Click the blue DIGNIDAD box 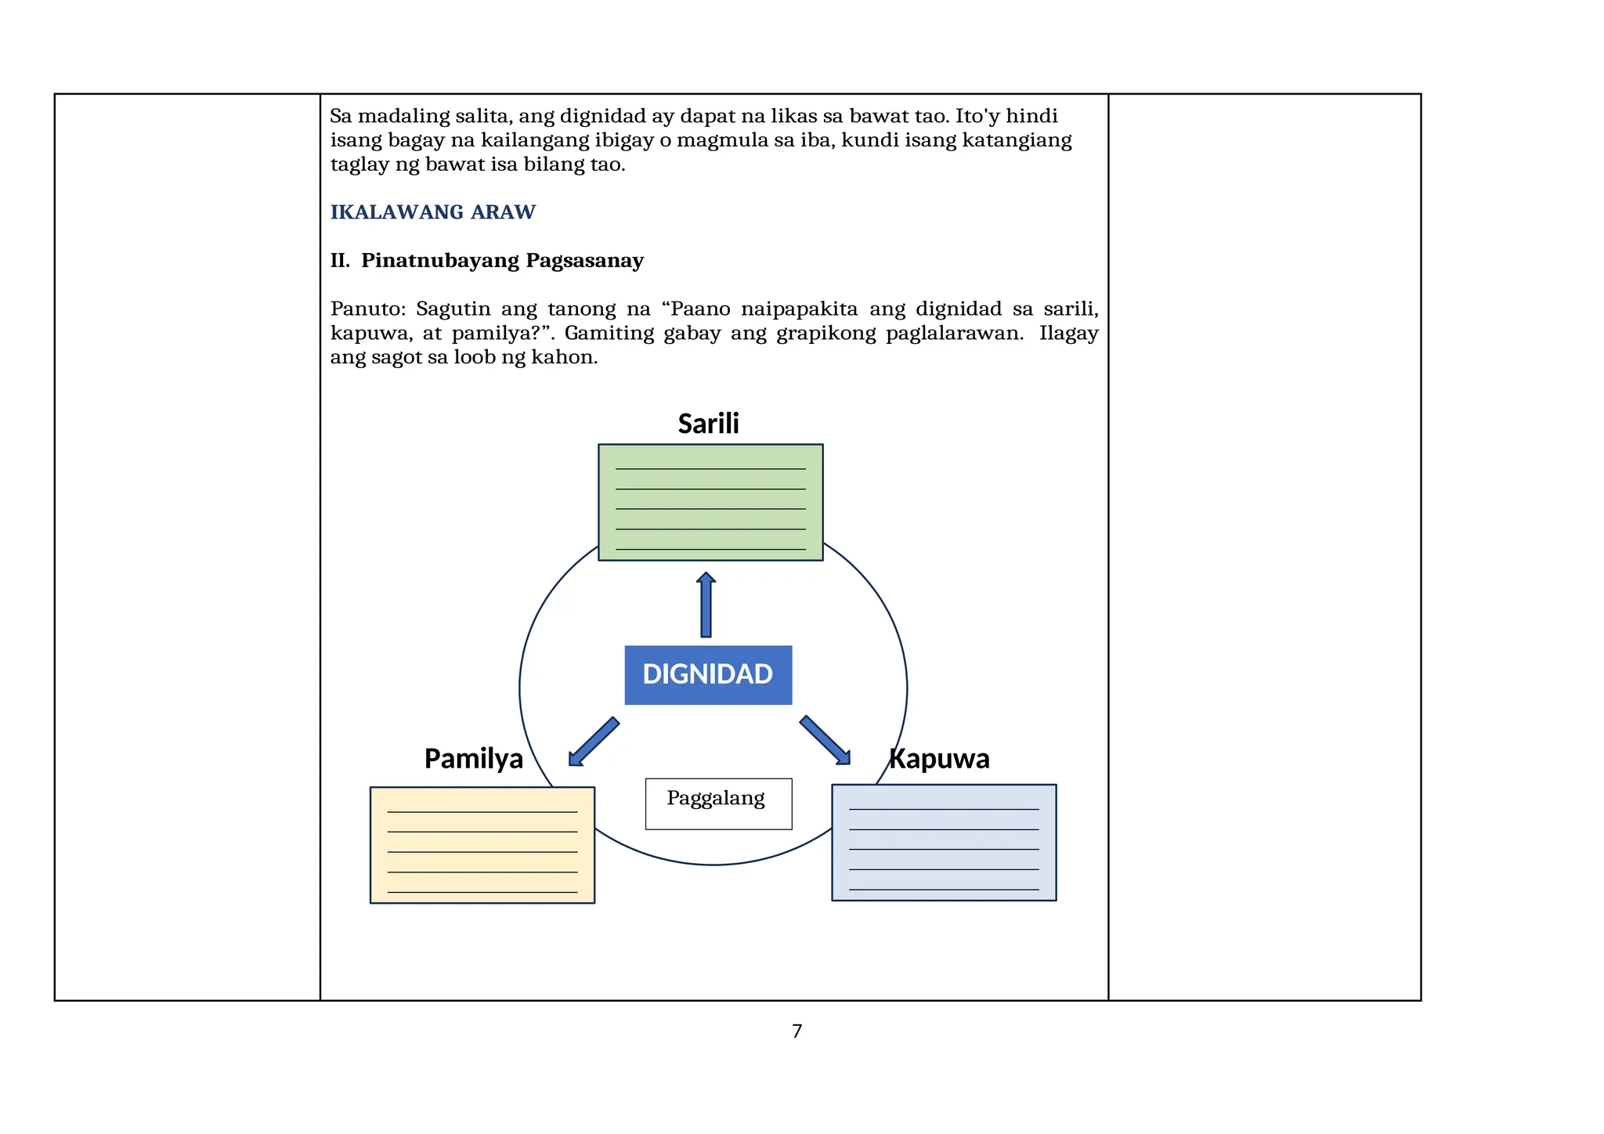[x=708, y=674]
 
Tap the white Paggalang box [x=718, y=803]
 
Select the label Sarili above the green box [x=708, y=424]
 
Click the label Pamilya [x=473, y=758]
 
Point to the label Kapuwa [x=939, y=758]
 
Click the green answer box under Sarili [x=710, y=502]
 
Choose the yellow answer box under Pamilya [x=482, y=844]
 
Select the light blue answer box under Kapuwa [x=943, y=842]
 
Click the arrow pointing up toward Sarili [x=706, y=605]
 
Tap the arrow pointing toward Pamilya [x=593, y=742]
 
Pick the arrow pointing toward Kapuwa [x=825, y=740]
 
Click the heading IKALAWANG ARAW [x=432, y=212]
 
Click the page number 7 [x=797, y=1031]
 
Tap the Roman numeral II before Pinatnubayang [x=339, y=261]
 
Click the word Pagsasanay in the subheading [x=584, y=261]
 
